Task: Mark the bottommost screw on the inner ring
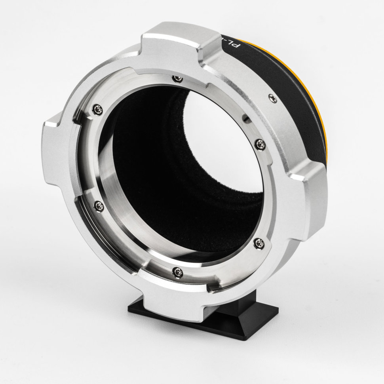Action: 177,271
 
